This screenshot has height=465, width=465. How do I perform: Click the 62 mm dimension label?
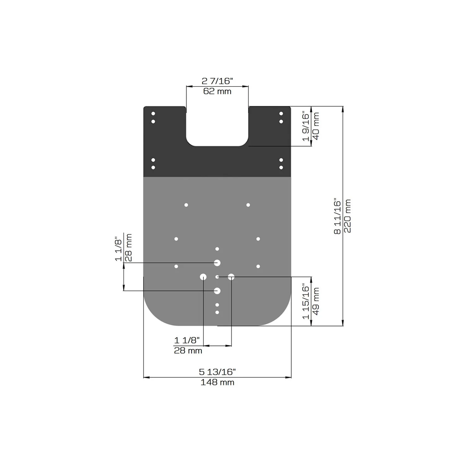tap(217, 91)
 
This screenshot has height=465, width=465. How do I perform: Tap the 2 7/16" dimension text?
tap(217, 81)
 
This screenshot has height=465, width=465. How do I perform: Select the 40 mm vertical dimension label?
tap(316, 126)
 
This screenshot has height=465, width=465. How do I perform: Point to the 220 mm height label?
tap(348, 216)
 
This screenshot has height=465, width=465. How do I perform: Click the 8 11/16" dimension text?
tap(337, 216)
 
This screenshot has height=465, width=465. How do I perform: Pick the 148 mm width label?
tap(217, 382)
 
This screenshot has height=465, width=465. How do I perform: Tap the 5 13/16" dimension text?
tap(217, 372)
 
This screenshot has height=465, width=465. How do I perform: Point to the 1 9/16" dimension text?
tap(306, 126)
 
